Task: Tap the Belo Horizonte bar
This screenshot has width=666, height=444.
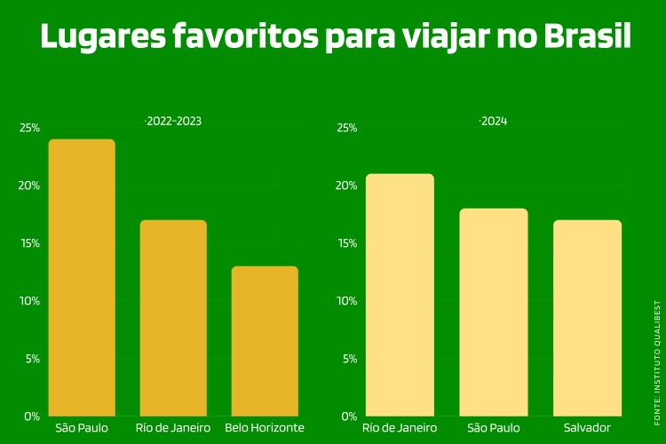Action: [x=265, y=341]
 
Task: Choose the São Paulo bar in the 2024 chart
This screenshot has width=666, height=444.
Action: [x=494, y=312]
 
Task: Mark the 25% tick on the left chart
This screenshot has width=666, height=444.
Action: [x=29, y=128]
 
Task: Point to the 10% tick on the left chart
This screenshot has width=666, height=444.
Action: [x=29, y=301]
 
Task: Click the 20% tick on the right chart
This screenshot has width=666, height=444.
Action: [x=346, y=186]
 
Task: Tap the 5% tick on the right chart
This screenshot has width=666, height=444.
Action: [x=349, y=359]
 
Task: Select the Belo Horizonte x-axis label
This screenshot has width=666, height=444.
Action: [x=265, y=428]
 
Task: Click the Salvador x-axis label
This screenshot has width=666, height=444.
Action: [x=587, y=428]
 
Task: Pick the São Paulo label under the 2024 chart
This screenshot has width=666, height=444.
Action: [x=494, y=428]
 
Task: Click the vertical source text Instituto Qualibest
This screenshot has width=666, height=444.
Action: [x=658, y=351]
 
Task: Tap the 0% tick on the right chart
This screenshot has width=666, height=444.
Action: [x=349, y=416]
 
